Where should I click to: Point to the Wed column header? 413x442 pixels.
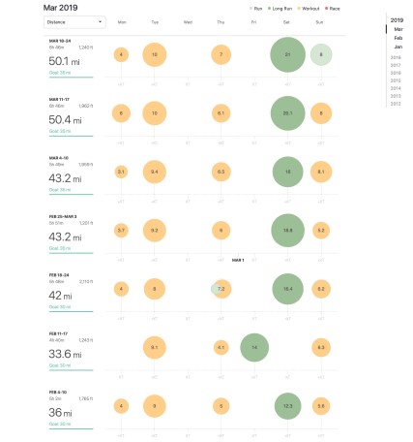coord(188,20)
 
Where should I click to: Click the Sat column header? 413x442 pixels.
coord(287,20)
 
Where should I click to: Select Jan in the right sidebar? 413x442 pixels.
coord(397,47)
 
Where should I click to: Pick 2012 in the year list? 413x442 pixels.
coord(396,104)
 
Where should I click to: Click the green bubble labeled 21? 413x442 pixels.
coord(287,55)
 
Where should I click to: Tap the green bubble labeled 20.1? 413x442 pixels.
coord(287,113)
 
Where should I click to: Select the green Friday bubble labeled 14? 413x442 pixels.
coord(254,346)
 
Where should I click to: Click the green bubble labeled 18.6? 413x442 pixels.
coord(287,230)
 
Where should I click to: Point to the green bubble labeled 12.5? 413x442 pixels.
coord(287,404)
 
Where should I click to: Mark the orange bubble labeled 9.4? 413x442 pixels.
coord(155,172)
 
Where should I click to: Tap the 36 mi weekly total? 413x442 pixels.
coord(63,412)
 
